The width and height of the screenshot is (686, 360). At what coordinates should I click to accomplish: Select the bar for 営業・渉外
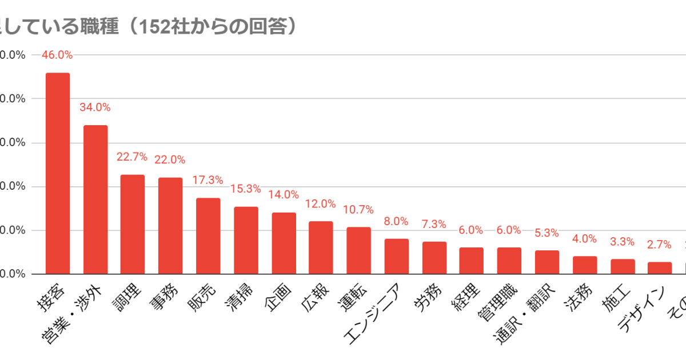pos(95,199)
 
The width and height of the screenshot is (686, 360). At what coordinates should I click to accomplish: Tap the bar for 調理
pos(132,224)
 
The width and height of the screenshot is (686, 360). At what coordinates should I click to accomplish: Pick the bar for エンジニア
pos(396,256)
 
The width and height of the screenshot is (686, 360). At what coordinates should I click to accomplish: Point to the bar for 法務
pos(585,265)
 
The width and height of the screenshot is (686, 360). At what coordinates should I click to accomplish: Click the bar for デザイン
pos(659,267)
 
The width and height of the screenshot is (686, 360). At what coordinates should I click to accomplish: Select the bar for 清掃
pos(246,240)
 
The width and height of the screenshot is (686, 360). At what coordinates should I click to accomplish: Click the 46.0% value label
pos(57,55)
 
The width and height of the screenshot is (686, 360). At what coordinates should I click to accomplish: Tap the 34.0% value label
pos(95,107)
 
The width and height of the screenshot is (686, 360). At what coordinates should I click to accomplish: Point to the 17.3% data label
pos(208,180)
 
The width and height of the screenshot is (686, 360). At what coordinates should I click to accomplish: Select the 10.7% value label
pos(358,210)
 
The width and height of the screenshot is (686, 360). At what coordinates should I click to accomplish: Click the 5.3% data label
pos(547,233)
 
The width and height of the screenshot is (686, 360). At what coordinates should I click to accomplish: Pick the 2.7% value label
pos(659,245)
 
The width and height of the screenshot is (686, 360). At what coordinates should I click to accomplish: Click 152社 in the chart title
pos(157,26)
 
